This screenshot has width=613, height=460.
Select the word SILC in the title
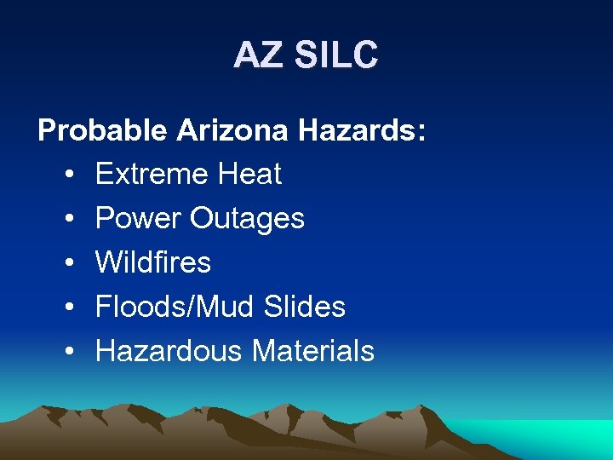click(x=335, y=55)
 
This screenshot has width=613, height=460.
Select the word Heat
click(x=249, y=175)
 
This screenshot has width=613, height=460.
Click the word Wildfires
click(x=153, y=262)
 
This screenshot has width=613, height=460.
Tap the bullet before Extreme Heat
click(x=67, y=175)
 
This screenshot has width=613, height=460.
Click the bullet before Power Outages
click(x=67, y=220)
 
